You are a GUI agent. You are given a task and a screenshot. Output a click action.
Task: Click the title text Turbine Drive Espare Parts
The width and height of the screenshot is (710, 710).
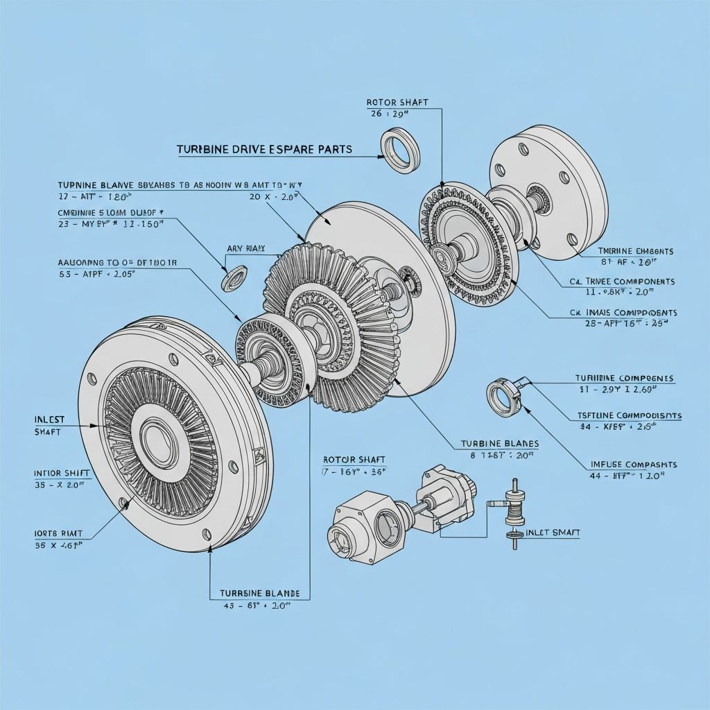tap(263, 149)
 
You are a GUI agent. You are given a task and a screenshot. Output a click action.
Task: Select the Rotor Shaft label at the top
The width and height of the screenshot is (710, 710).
tap(397, 103)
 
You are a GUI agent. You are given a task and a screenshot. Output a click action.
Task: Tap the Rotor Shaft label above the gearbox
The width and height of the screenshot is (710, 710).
tap(354, 460)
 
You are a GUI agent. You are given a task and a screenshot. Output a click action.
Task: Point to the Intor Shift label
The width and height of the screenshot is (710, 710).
tap(62, 473)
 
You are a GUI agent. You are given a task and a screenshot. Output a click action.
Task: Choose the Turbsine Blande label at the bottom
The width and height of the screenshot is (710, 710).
tap(259, 594)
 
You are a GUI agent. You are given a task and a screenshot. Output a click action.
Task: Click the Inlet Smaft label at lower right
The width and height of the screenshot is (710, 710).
tap(553, 532)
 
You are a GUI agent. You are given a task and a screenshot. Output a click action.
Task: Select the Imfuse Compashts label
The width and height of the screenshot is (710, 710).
tap(634, 464)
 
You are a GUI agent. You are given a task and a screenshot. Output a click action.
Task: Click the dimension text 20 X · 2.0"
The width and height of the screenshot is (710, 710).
tap(273, 197)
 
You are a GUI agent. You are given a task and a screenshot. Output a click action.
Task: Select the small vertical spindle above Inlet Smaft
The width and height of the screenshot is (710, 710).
tap(514, 513)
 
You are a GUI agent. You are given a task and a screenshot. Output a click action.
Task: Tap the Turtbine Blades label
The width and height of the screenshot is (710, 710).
tap(499, 443)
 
